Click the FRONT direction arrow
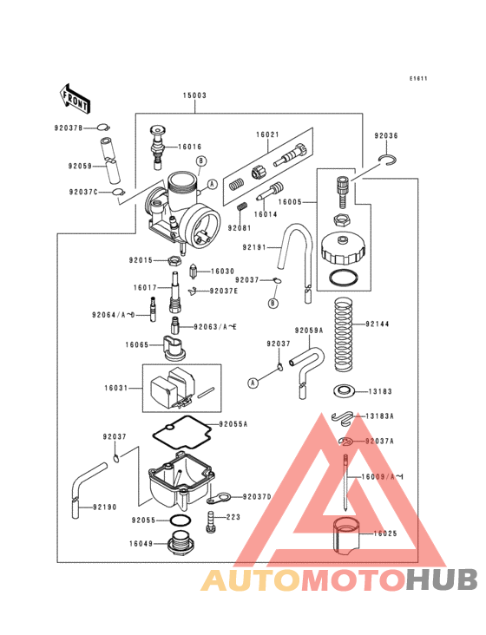tap(76, 99)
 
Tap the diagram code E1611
tap(419, 79)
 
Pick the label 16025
tap(385, 534)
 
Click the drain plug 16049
tap(180, 546)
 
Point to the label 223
tap(233, 517)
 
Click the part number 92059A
tap(308, 331)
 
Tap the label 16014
tap(266, 213)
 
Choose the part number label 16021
tap(266, 135)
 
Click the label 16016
tap(191, 147)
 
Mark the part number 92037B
tap(69, 128)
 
